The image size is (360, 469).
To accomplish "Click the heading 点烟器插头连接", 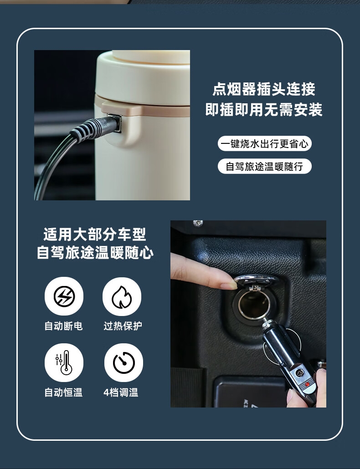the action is pos(264,89).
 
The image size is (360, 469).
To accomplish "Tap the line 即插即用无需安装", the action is pos(264,109).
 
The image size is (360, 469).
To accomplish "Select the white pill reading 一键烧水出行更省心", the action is pos(265,144).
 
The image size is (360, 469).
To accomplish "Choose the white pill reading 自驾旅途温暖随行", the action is pos(265,166).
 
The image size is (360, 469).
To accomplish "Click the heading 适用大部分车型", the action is pos(95,234).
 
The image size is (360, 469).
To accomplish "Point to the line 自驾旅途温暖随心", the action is pos(95,253).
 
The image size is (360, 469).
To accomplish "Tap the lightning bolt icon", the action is pos(64,296).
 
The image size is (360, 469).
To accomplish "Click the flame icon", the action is pos(122,296).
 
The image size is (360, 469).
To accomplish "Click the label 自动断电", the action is pos(63,326).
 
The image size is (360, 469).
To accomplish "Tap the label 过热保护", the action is pos(123,326).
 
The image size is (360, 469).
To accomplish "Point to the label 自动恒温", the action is pos(63,392).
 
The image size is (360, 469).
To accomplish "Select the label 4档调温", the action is pos(121,392).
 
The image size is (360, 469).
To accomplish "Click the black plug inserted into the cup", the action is pos(95,127).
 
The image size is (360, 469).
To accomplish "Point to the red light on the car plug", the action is pos(307,384).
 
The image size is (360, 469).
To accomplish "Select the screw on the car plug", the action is pos(299,372).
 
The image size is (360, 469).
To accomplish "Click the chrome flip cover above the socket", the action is pos(256,280).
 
